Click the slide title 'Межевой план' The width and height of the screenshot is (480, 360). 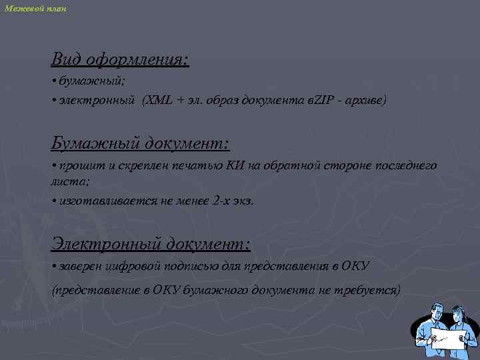(35, 8)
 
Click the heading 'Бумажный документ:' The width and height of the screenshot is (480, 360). (140, 143)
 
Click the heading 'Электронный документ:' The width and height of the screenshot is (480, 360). (151, 244)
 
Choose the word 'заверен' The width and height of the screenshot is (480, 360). (78, 267)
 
